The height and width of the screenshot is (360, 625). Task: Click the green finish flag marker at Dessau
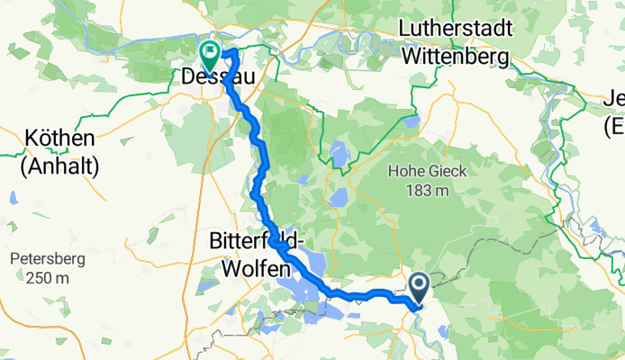tap(209, 54)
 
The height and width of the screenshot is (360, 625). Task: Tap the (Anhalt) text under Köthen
tap(61, 166)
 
